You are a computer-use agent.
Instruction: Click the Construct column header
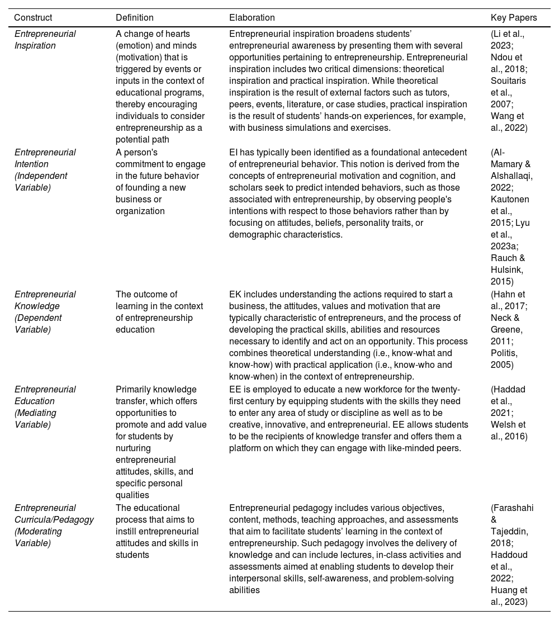pyautogui.click(x=34, y=18)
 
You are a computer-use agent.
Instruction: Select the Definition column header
pyautogui.click(x=135, y=18)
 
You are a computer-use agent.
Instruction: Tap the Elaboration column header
pyautogui.click(x=252, y=18)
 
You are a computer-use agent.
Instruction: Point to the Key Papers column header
pyautogui.click(x=514, y=18)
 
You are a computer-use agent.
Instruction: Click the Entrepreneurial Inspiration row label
pyautogui.click(x=45, y=40)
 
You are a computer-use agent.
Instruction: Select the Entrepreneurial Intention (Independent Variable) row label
pyautogui.click(x=45, y=169)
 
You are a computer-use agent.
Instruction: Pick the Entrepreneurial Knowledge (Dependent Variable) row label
pyautogui.click(x=45, y=312)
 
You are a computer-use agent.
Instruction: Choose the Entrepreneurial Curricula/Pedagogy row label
pyautogui.click(x=54, y=526)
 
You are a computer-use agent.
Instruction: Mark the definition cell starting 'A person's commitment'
pyautogui.click(x=160, y=181)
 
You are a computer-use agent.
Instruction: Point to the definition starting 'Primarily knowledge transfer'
pyautogui.click(x=161, y=442)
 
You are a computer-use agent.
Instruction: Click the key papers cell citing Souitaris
pyautogui.click(x=508, y=81)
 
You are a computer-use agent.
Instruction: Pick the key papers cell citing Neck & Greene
pyautogui.click(x=508, y=330)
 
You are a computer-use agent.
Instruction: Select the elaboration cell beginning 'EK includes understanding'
pyautogui.click(x=345, y=335)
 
